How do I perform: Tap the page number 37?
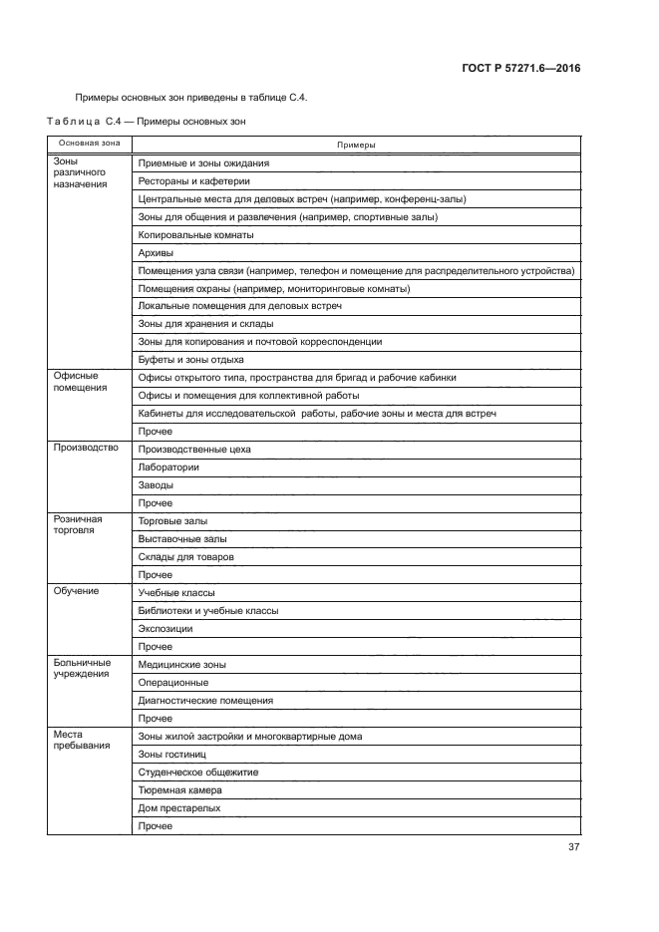click(573, 847)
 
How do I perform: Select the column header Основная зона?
click(89, 144)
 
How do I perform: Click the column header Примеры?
click(356, 145)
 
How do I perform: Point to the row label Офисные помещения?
click(80, 382)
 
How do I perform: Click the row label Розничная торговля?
click(79, 525)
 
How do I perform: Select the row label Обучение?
click(77, 591)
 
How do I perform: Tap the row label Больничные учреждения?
click(82, 669)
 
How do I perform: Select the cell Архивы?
click(158, 253)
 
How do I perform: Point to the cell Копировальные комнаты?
click(195, 235)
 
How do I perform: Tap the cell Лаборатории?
click(168, 466)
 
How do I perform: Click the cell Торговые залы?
click(172, 520)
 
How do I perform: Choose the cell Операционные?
click(173, 682)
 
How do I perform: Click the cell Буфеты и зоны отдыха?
click(190, 359)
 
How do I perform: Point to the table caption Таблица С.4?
click(84, 123)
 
